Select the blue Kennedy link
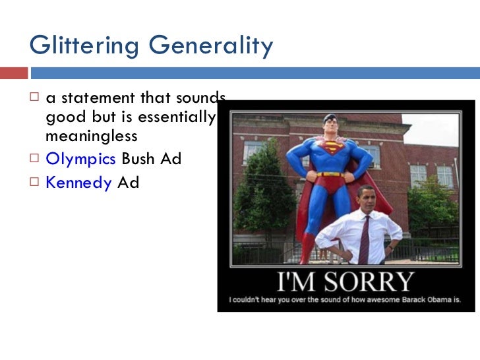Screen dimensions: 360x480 coord(78,183)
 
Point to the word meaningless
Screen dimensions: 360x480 coord(92,136)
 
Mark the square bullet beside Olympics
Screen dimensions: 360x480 coord(36,160)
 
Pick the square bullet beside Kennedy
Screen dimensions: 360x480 coord(36,183)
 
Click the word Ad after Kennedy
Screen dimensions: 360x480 coord(128,183)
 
